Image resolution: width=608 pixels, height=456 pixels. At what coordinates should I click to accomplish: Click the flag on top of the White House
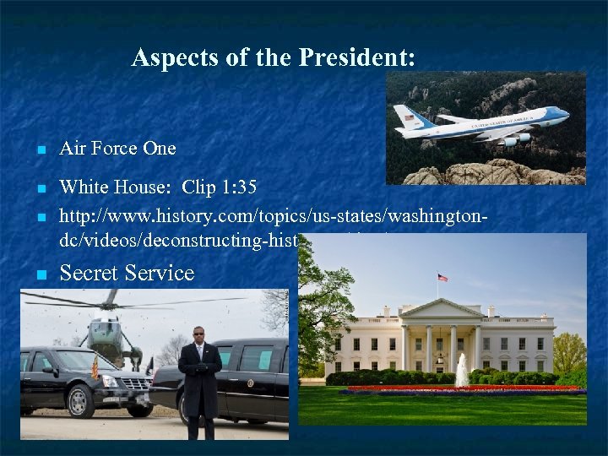tap(442, 277)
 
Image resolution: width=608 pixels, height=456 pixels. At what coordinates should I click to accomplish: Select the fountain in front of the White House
tap(462, 372)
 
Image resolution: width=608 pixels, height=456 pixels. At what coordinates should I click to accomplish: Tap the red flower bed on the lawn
tap(464, 388)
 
